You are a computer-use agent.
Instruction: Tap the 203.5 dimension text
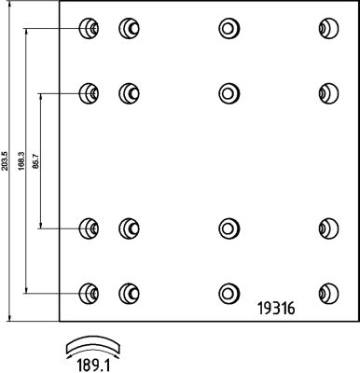click(x=7, y=160)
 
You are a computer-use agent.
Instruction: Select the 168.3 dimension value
click(x=22, y=160)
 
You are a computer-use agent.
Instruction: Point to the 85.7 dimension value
click(x=37, y=160)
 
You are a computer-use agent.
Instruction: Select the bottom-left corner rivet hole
click(x=89, y=292)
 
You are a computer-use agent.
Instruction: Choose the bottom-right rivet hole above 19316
click(x=327, y=292)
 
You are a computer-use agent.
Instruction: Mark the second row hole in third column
click(x=228, y=92)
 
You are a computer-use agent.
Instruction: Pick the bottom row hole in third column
click(x=228, y=292)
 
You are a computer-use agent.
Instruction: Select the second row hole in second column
click(x=128, y=92)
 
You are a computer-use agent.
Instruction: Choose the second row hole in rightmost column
click(x=327, y=92)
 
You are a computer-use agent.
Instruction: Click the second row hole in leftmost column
click(x=89, y=92)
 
